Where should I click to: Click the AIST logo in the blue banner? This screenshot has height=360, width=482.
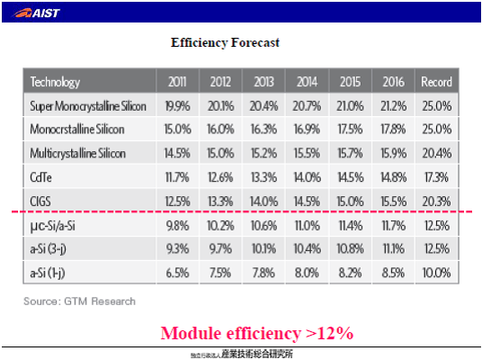[x=36, y=13]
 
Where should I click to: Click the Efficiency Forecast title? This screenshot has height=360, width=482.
[x=225, y=42]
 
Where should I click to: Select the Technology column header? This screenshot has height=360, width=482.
[x=55, y=82]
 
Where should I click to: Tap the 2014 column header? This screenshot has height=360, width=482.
[x=307, y=82]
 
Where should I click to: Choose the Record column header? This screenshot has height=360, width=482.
[x=436, y=82]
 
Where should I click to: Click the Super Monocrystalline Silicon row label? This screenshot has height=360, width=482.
[x=88, y=106]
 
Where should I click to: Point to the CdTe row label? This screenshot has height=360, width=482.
[x=40, y=177]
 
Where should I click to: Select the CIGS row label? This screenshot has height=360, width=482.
[x=40, y=202]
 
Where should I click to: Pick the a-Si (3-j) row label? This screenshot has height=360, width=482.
[x=48, y=249]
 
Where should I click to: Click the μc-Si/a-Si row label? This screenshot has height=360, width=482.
[x=52, y=226]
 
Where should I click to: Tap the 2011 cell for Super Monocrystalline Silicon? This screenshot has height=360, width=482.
[x=178, y=106]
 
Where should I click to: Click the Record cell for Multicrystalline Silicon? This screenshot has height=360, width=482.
[x=437, y=153]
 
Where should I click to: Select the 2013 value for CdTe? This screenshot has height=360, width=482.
[x=263, y=177]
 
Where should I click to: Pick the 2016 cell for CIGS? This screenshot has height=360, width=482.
[x=394, y=202]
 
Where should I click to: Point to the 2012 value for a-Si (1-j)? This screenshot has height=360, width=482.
[x=220, y=273]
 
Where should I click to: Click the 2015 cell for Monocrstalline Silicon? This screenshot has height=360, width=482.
[x=350, y=130]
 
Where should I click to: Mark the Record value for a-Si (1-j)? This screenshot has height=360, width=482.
[x=436, y=273]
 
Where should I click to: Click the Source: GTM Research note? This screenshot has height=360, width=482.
[x=80, y=301]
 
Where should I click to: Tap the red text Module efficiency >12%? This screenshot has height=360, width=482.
[x=257, y=333]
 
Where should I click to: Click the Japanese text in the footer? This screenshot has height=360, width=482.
[x=242, y=355]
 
